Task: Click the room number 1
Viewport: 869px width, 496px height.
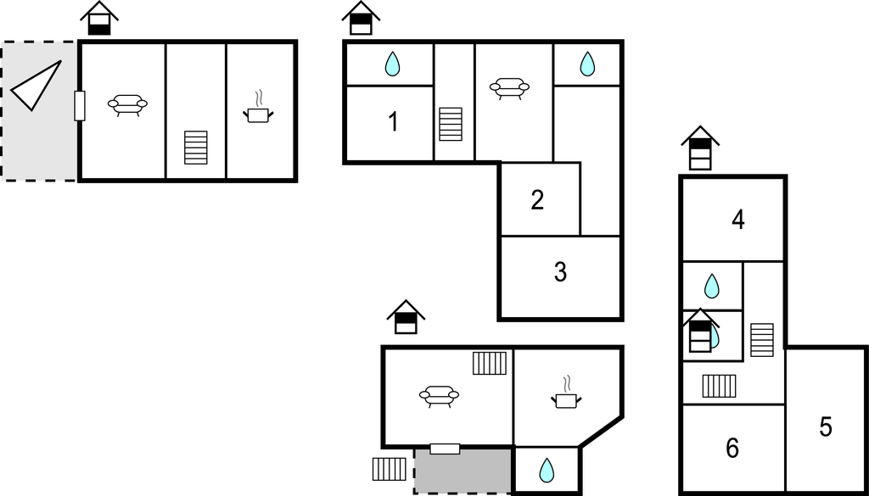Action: click(x=393, y=122)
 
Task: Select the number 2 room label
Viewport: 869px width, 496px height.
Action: click(x=537, y=200)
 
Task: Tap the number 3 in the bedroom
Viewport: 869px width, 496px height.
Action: click(x=560, y=273)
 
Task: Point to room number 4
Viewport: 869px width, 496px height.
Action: click(x=738, y=220)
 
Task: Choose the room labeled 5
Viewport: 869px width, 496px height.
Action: click(x=826, y=426)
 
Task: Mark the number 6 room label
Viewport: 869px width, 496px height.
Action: click(x=732, y=448)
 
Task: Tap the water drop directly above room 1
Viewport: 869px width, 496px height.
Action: click(x=392, y=64)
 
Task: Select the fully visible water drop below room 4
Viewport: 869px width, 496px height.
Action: click(x=712, y=287)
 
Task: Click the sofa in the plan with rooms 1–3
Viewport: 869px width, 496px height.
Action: click(x=509, y=88)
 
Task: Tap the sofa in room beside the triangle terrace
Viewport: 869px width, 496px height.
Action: click(x=127, y=104)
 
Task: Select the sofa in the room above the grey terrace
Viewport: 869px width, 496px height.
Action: click(x=439, y=396)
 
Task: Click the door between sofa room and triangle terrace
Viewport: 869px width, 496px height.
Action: click(x=80, y=105)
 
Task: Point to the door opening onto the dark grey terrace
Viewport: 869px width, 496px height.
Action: click(x=445, y=449)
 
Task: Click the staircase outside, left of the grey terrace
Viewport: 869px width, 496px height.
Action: click(x=390, y=469)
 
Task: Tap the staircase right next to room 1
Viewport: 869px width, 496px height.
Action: click(x=451, y=124)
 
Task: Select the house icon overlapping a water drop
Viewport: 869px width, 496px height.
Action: click(x=701, y=330)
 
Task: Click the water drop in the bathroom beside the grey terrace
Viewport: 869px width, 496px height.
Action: click(x=547, y=469)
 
